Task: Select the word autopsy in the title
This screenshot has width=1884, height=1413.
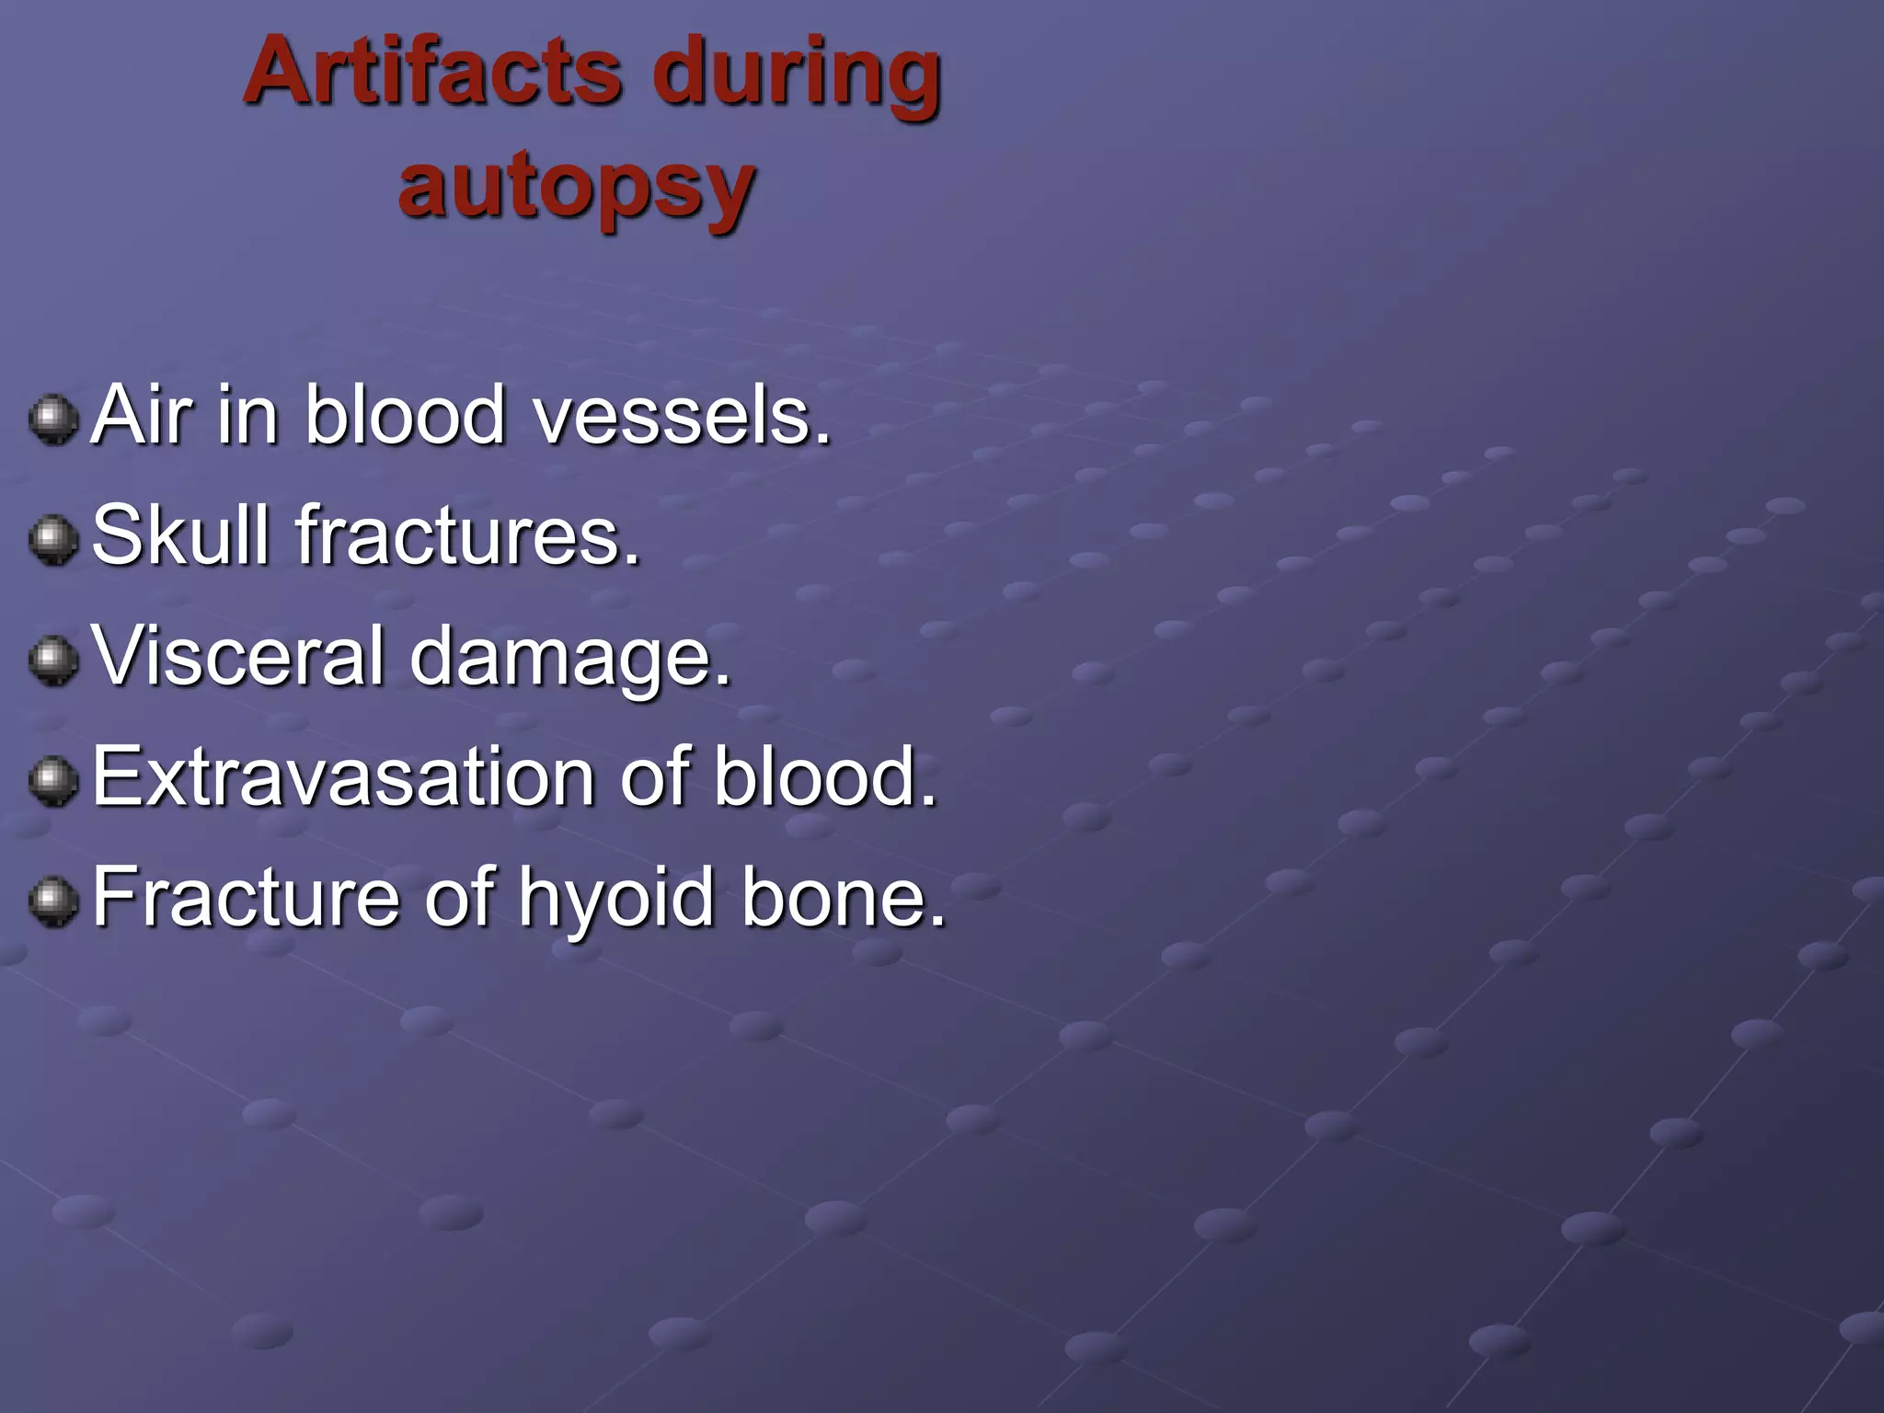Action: [x=577, y=189]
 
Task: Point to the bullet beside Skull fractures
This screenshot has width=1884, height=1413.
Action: [x=53, y=539]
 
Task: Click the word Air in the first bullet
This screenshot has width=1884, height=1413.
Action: [x=143, y=416]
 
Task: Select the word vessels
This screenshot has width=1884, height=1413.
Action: [x=683, y=416]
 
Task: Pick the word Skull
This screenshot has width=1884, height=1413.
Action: [x=181, y=535]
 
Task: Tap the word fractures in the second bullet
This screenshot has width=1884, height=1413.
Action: [x=467, y=535]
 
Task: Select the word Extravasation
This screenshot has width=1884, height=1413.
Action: [x=342, y=777]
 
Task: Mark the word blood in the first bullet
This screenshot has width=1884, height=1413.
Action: [x=406, y=416]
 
